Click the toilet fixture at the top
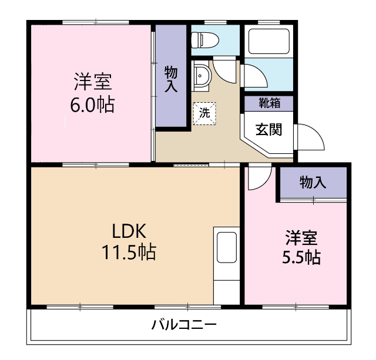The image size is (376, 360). (205, 39)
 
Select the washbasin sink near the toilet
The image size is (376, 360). (201, 76)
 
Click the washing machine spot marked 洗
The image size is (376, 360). (204, 112)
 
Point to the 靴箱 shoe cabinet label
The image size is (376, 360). (269, 102)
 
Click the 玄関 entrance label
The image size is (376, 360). (268, 129)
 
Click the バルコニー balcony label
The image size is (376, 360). (184, 325)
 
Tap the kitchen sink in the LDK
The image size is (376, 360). (226, 247)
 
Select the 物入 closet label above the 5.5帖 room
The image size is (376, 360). (313, 182)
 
